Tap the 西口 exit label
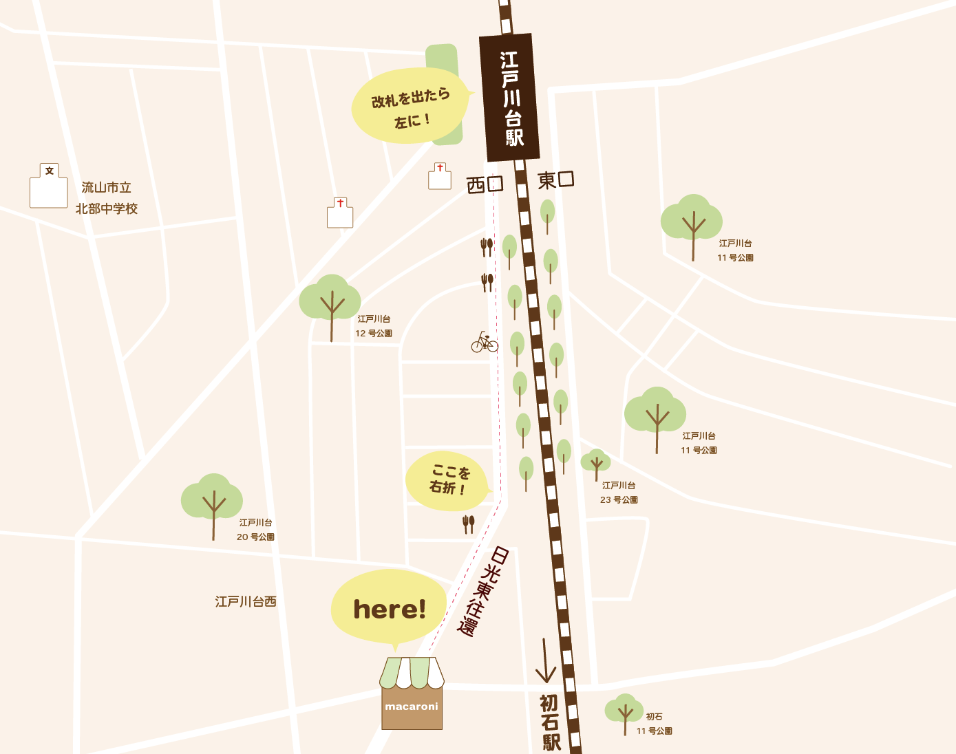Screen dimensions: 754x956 [x=485, y=184]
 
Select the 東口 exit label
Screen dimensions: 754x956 [x=555, y=180]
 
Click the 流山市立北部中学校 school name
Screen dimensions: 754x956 [x=106, y=197]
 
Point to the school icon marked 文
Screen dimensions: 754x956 [x=49, y=186]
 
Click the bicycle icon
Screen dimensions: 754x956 [x=485, y=342]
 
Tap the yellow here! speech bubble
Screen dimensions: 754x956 [x=389, y=607]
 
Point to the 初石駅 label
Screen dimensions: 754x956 [x=550, y=722]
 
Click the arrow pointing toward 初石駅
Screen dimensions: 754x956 [x=545, y=660]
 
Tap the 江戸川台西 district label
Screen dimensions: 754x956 [x=246, y=602]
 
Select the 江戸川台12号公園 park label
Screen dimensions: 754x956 [x=374, y=326]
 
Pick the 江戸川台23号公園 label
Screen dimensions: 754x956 [x=619, y=493]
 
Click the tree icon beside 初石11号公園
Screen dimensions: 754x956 [x=624, y=713]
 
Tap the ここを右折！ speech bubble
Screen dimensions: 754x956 [x=447, y=481]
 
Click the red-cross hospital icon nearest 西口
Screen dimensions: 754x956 [x=440, y=177]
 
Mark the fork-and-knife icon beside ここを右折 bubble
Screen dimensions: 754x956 [x=468, y=524]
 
